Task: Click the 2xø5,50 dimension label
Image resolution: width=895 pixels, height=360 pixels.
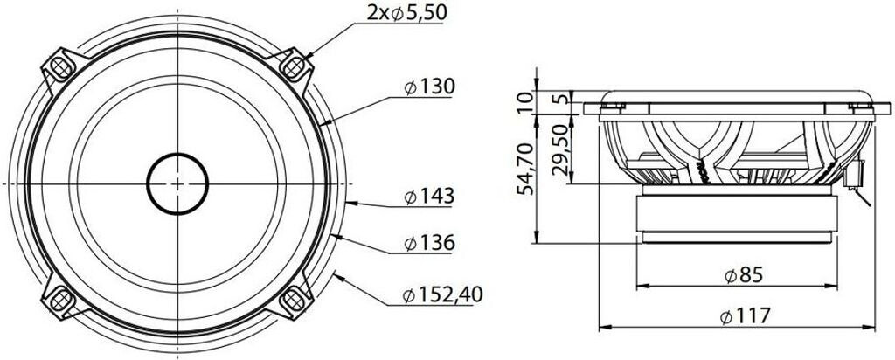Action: coord(406,13)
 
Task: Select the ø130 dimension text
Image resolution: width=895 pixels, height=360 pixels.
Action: coord(429,87)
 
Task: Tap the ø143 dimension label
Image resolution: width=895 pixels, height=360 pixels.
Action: coord(429,197)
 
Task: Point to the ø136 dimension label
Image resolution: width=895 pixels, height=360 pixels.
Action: coord(429,244)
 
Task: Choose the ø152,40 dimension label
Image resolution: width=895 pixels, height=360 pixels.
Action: coord(442,295)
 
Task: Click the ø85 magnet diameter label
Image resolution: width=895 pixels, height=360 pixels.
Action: coord(744,275)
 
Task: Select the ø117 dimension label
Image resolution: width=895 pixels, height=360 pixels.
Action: coord(745,315)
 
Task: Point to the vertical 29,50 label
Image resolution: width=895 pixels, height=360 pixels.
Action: coord(562,151)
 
